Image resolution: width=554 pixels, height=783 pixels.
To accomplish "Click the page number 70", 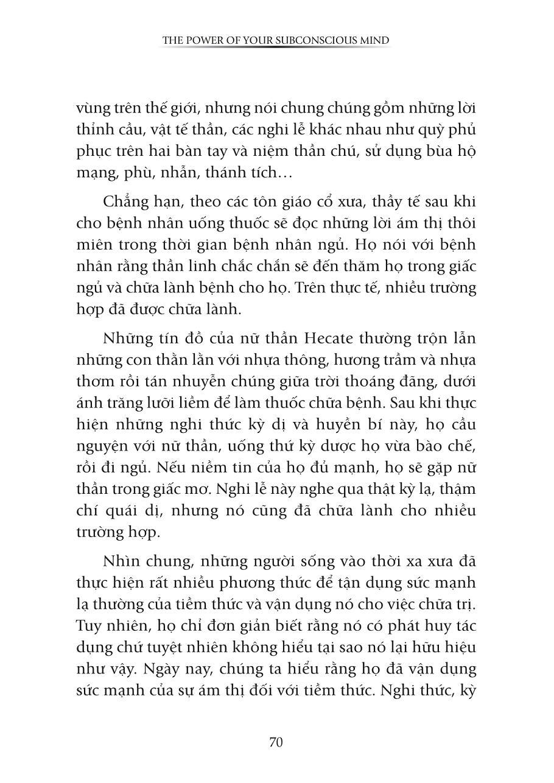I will [x=276, y=742].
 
